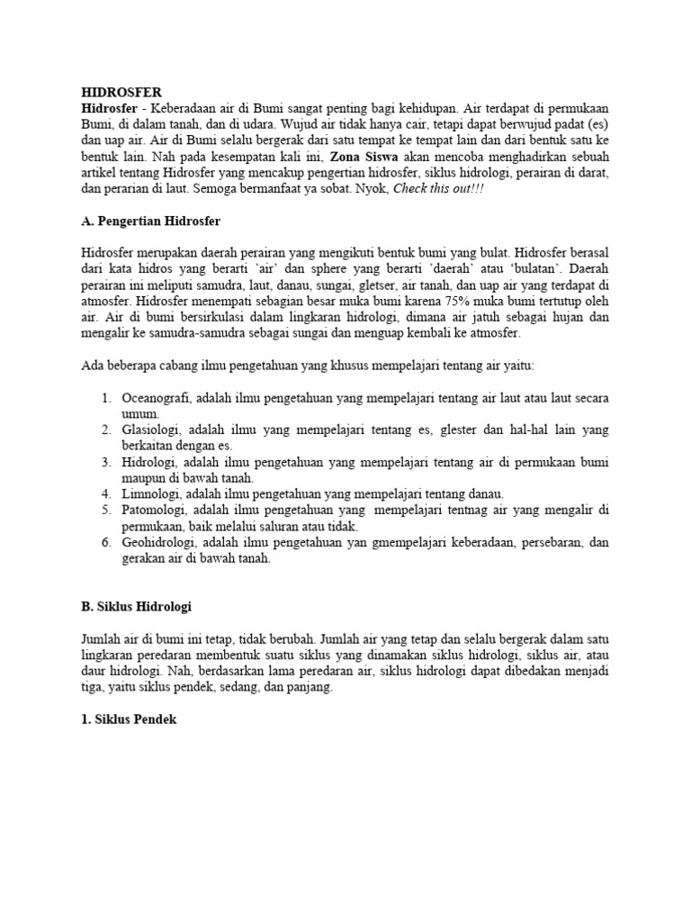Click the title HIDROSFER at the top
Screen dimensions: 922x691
(x=121, y=93)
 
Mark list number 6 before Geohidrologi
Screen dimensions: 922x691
(x=105, y=543)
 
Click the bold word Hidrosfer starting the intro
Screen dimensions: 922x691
(x=109, y=109)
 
